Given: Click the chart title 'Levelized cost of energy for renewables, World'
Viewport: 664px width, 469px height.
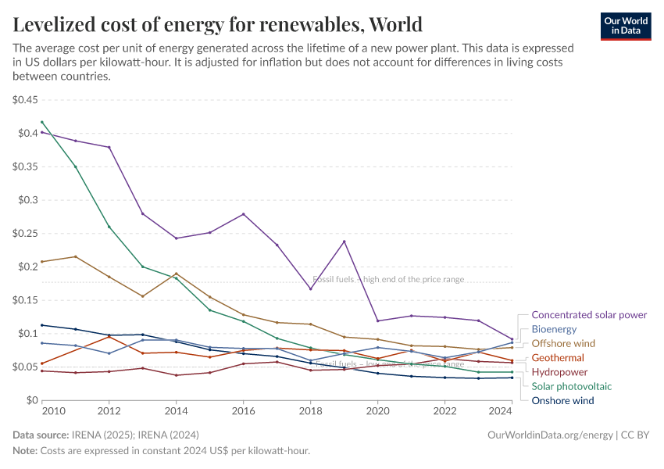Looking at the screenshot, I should click(218, 24).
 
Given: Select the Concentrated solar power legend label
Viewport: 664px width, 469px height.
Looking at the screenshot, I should click(589, 315).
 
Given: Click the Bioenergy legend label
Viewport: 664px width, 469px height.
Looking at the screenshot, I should click(554, 329).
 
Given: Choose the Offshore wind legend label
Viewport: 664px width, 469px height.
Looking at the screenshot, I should click(563, 343).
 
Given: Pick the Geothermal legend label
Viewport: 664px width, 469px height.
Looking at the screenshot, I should click(558, 358).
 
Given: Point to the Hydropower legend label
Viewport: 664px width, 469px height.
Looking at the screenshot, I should click(559, 372).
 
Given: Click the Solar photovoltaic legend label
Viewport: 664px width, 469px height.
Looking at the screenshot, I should click(571, 386).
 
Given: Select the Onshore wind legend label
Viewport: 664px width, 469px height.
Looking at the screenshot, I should click(562, 400).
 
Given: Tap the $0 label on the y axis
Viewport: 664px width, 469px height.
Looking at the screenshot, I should click(30, 400).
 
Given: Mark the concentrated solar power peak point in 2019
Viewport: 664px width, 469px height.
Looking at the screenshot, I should click(344, 241).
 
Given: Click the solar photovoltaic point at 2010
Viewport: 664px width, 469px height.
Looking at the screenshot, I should click(41, 122).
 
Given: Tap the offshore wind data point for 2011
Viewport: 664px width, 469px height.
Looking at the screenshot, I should click(75, 256).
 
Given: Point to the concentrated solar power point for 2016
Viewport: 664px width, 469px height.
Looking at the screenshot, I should click(244, 214).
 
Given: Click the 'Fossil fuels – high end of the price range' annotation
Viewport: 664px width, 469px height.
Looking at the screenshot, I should click(388, 279).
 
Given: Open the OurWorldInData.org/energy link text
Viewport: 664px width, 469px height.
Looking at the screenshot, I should click(550, 435).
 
